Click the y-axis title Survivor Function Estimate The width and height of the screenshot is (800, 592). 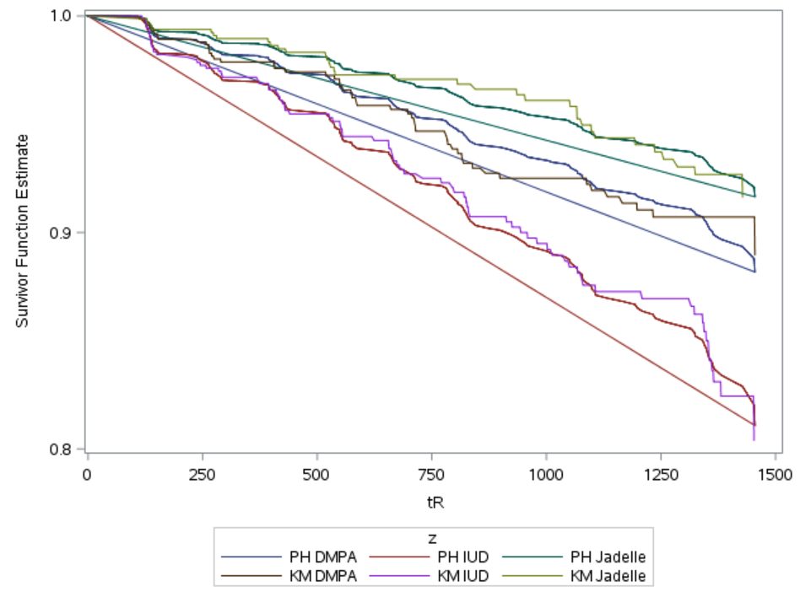click(x=26, y=232)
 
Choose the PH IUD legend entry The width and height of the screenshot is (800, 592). click(x=426, y=557)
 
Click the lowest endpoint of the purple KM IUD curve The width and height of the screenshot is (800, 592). click(x=754, y=439)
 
